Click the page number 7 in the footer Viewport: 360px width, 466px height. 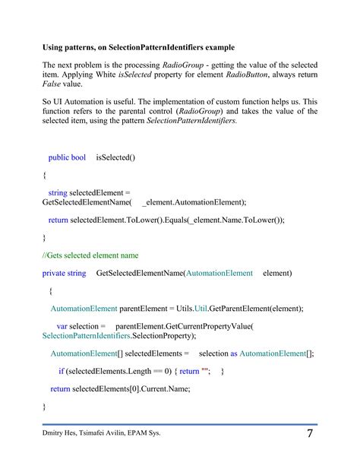pyautogui.click(x=311, y=434)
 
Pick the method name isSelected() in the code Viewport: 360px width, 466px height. pyautogui.click(x=115, y=157)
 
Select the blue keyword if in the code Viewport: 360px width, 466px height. pyautogui.click(x=61, y=371)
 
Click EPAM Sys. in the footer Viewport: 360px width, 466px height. pyautogui.click(x=144, y=433)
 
